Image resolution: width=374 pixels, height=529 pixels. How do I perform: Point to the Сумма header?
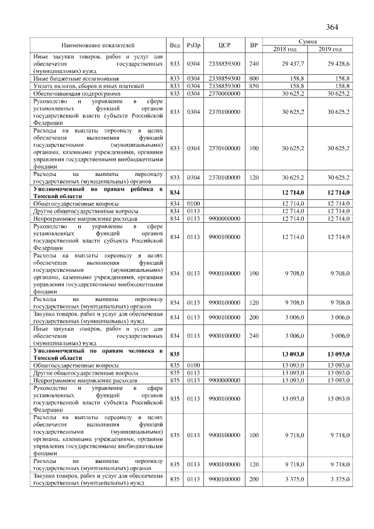[x=307, y=42]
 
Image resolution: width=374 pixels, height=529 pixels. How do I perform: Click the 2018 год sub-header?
[x=285, y=49]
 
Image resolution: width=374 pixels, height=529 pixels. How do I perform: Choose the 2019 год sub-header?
[x=330, y=49]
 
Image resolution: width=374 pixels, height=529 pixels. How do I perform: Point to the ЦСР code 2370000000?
[x=225, y=93]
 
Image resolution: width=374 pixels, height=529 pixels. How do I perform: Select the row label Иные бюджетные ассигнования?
[x=70, y=77]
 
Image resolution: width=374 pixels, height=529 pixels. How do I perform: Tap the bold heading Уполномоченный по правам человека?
[x=98, y=353]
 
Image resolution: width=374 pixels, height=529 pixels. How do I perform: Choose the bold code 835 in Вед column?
[x=174, y=354]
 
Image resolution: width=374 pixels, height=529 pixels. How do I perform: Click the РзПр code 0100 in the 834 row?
[x=193, y=202]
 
